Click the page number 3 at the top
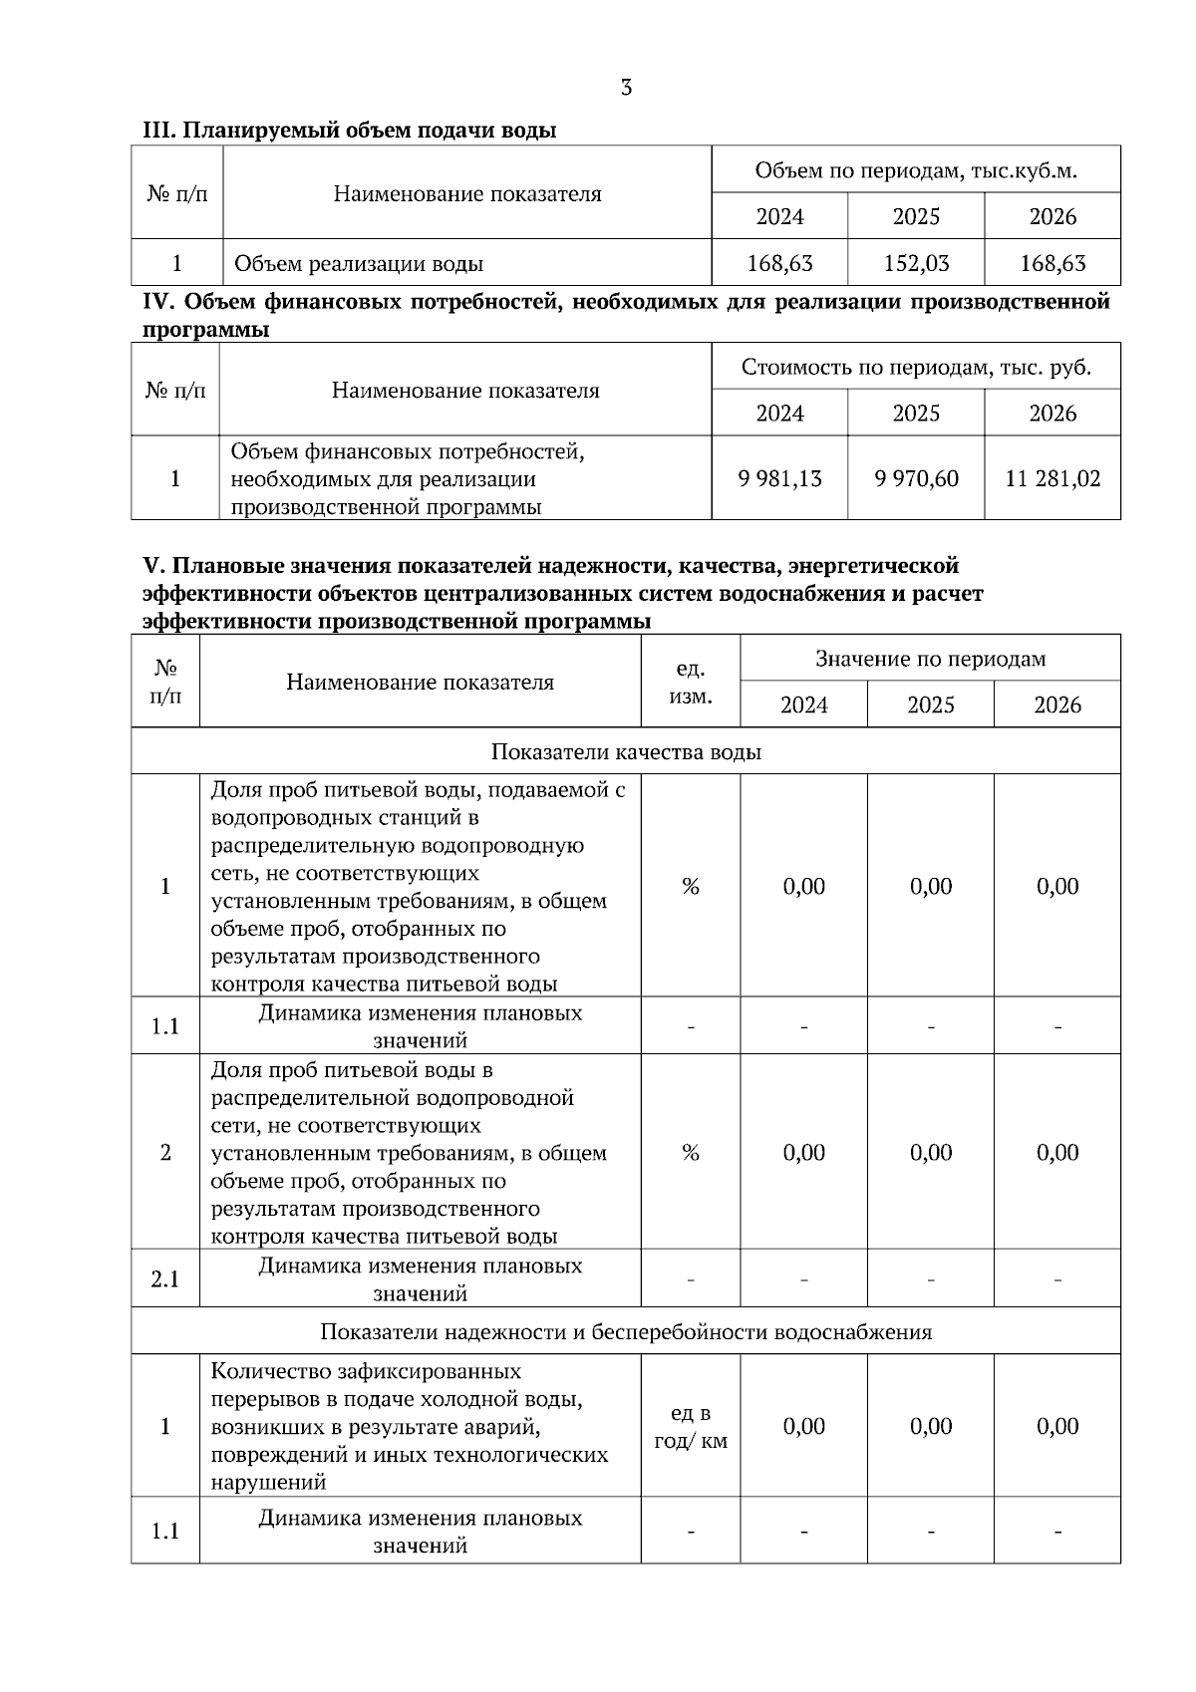626,88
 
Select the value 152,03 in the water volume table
916,264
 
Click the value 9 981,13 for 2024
779,479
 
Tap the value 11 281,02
1052,479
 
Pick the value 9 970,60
916,479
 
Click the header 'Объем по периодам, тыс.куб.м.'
916,170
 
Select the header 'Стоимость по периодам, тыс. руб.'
916,368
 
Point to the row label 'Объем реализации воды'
359,264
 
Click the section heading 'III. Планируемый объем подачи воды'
349,131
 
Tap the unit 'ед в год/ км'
690,1427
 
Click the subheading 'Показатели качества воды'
626,752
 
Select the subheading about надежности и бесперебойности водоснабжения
626,1332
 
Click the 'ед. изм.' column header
690,683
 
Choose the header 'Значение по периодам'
930,659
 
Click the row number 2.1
165,1279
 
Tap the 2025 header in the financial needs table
916,414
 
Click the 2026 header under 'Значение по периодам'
1056,705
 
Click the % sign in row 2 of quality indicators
690,1153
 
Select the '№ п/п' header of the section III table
176,194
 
